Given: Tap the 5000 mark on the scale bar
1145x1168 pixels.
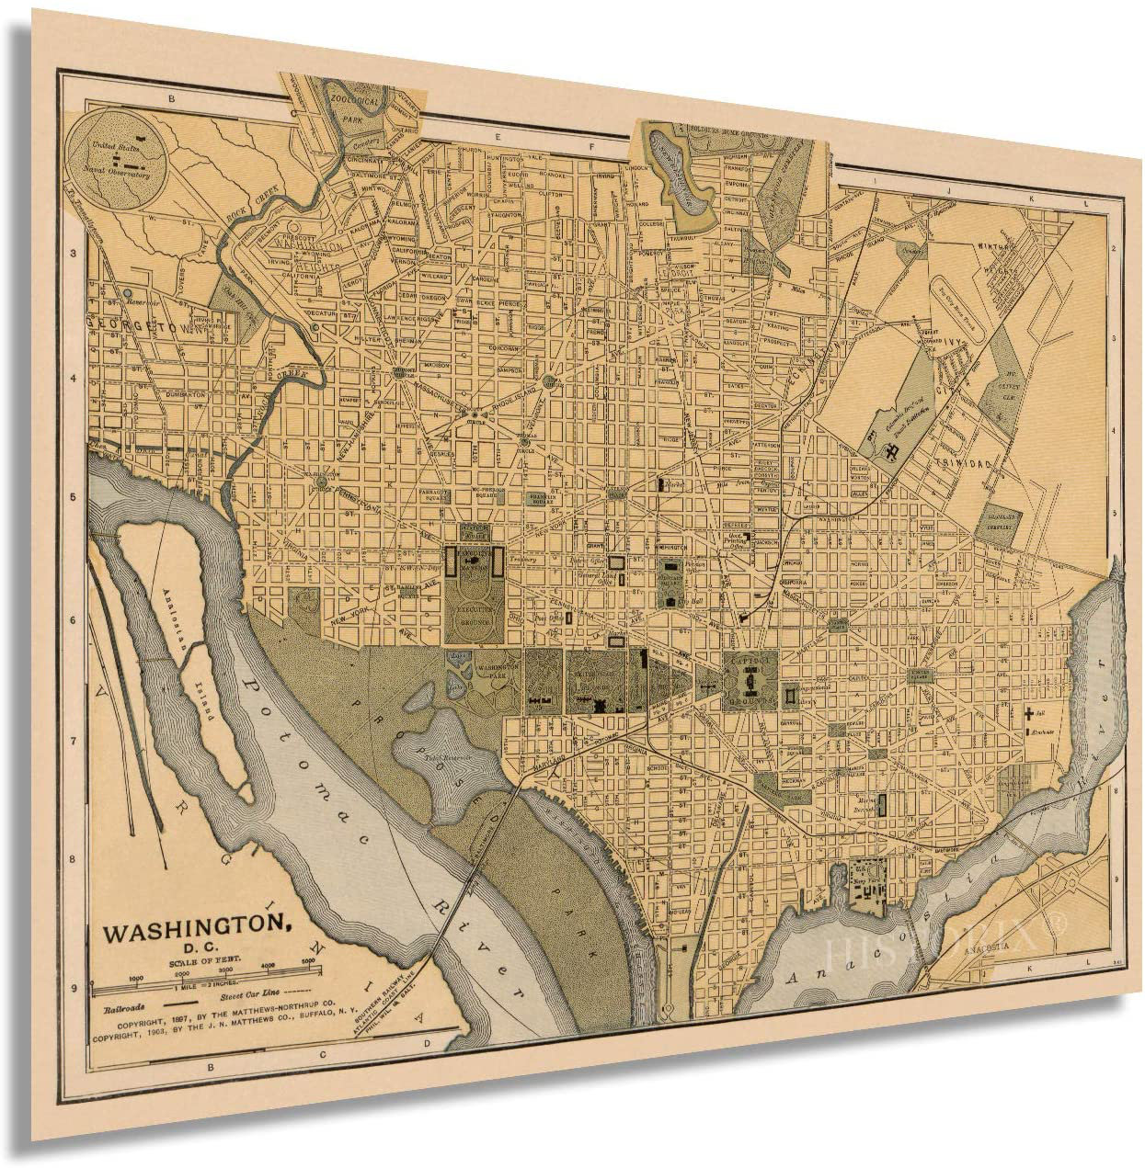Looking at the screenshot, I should click(x=308, y=963).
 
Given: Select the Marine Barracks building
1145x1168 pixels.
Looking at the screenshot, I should click(x=880, y=806).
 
